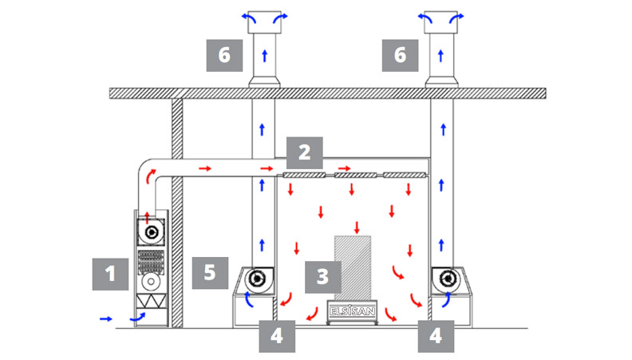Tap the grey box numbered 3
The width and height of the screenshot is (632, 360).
pyautogui.click(x=322, y=276)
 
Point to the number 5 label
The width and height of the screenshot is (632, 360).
pyautogui.click(x=209, y=271)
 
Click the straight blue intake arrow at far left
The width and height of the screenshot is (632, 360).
pyautogui.click(x=106, y=318)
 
